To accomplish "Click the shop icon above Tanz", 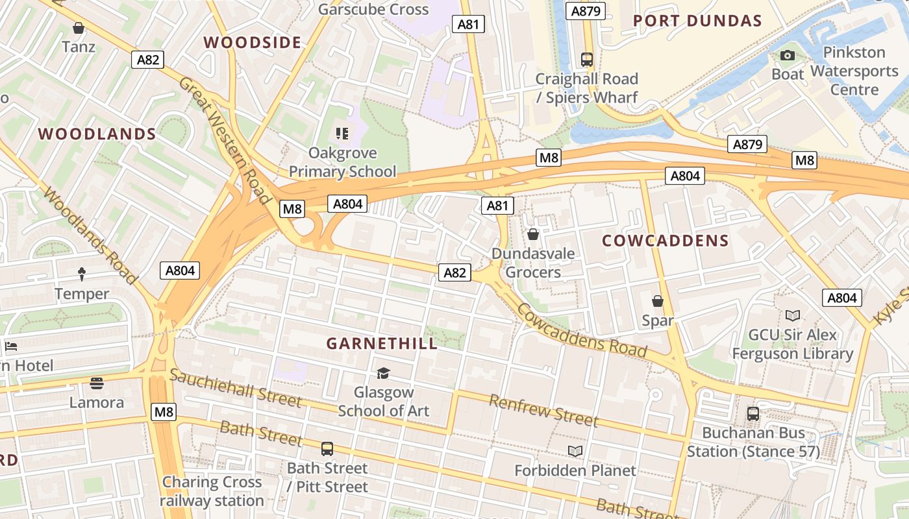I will (79, 28).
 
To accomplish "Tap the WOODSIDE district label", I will (253, 43).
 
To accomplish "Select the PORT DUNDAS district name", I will (697, 21).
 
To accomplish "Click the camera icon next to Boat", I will (788, 56).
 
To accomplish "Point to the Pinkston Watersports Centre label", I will (854, 71).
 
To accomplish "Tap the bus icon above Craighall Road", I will (587, 60).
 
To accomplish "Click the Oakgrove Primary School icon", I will (342, 134).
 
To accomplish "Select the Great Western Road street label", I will (224, 140).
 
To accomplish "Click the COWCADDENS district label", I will (666, 241).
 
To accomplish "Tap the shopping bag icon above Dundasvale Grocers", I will (533, 234).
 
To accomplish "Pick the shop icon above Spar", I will (658, 301).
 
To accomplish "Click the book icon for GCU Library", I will (792, 316).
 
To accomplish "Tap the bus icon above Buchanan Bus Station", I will (753, 413).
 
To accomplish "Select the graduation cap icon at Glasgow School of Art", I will (383, 373).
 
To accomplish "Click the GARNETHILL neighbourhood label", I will (382, 343).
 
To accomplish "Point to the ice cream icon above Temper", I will (82, 274).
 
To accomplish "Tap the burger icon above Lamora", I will (97, 383).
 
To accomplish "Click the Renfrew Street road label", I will (543, 410).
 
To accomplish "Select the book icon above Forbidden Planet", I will (575, 451).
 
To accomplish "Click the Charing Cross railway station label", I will (212, 491).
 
